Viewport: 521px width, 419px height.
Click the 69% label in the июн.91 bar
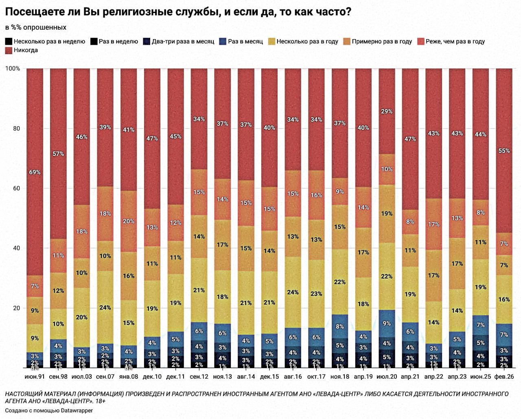[35, 172]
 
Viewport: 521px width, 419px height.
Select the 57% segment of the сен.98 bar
[58, 154]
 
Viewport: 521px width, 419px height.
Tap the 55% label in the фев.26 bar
[504, 151]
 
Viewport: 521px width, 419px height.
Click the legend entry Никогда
[25, 50]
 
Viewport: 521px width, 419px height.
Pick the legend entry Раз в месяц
[245, 42]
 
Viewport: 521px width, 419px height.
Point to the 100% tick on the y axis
[13, 68]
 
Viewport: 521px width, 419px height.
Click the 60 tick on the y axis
[16, 188]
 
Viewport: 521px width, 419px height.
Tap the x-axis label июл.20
[387, 377]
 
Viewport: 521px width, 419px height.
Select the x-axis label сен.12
[199, 377]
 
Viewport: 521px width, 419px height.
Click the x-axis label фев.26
[504, 377]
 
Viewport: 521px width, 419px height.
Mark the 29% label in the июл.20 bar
[387, 111]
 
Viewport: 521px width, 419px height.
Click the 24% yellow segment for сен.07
[105, 307]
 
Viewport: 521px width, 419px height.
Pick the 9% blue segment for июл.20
[387, 323]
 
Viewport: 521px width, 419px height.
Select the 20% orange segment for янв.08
[129, 221]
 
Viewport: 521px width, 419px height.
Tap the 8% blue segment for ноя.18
[340, 326]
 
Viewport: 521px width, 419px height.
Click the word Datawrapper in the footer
[77, 410]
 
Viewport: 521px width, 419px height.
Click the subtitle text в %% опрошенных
[36, 27]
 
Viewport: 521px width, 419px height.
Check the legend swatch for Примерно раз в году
[347, 42]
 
